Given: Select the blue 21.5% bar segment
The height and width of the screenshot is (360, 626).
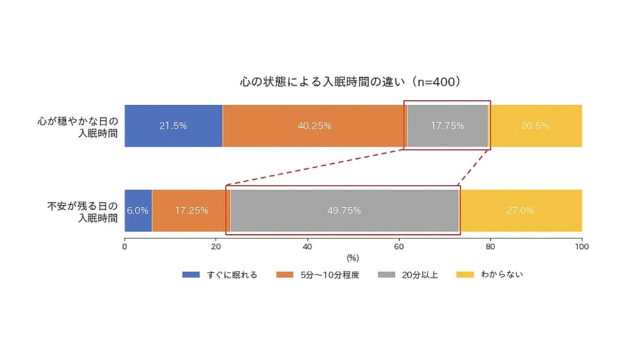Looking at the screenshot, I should click(173, 126).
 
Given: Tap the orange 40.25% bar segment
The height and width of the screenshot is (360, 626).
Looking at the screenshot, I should click(315, 126).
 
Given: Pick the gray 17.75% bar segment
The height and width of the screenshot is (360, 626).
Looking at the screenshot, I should click(447, 126).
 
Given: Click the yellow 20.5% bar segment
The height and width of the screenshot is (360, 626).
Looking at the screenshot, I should click(535, 126).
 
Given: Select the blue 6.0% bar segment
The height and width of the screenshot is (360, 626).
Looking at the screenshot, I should click(138, 211).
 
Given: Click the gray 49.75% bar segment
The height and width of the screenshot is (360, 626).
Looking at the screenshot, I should click(344, 211).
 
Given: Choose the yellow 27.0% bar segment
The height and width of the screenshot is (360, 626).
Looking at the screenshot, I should click(520, 211).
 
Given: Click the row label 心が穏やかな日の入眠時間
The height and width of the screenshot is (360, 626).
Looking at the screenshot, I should click(78, 127).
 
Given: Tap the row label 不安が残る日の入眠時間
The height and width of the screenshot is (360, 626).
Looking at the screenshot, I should click(83, 212).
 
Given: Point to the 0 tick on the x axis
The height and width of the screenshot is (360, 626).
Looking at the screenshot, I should click(124, 247).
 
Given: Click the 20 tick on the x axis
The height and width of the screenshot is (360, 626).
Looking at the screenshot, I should click(216, 247).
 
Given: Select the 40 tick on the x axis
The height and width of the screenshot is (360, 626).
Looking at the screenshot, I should click(308, 247).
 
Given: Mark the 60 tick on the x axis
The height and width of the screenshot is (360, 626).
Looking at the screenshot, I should click(399, 247).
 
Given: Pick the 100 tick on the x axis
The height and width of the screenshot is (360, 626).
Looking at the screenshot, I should click(582, 247).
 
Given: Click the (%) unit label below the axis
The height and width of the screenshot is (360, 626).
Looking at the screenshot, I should click(353, 258).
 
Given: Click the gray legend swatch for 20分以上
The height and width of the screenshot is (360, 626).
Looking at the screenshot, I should click(386, 275).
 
